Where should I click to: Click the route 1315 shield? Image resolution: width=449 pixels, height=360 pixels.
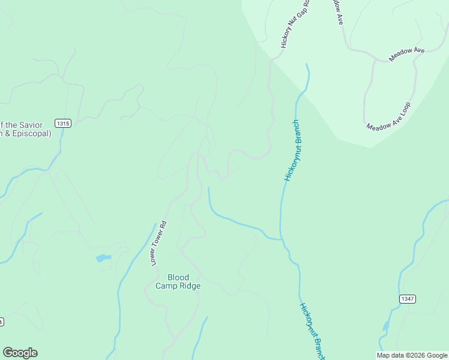pos(62,123)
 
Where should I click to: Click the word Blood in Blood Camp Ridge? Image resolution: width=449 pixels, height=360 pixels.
pos(178,277)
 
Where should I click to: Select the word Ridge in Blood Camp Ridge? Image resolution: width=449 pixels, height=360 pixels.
pos(190,286)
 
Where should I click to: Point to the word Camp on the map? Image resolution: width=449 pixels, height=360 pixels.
pos(167,286)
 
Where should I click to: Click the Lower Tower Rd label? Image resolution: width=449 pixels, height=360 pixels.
pos(158,244)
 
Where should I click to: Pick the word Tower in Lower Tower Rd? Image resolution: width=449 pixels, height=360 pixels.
pos(158,243)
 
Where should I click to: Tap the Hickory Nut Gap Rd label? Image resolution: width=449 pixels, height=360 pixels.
pos(295,24)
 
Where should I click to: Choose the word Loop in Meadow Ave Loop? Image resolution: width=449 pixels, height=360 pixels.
pos(404,109)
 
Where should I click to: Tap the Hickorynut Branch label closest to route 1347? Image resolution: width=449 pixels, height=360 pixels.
pos(313,332)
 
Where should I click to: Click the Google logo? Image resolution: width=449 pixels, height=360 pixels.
pos(20,353)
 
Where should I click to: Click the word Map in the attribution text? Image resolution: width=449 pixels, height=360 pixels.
pos(383,355)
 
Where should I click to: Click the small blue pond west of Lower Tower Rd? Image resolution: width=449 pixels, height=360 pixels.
pos(103,259)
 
